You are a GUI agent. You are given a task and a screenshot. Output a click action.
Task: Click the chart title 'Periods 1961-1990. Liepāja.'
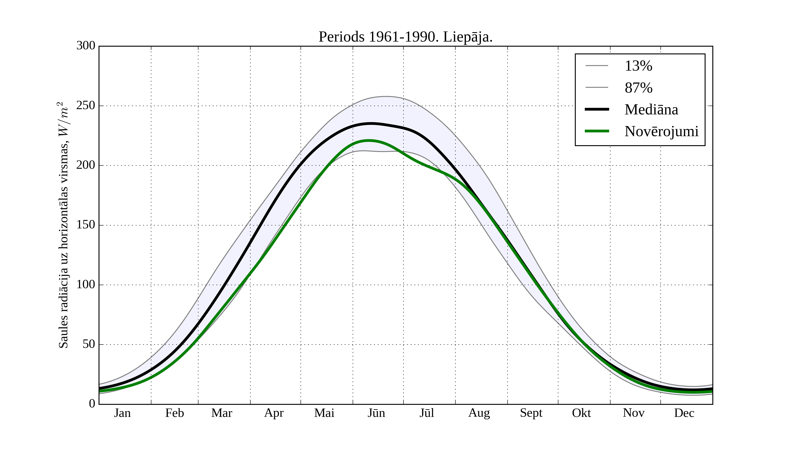405,37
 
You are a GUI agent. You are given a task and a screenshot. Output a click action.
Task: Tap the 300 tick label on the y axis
86,46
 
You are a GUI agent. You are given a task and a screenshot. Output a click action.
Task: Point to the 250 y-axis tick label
86,106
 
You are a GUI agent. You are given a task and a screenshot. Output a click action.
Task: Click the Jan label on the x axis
122,413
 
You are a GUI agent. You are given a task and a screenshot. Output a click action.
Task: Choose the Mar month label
222,413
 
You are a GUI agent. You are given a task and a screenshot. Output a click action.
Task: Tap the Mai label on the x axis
324,413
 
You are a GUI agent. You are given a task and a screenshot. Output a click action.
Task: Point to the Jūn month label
376,413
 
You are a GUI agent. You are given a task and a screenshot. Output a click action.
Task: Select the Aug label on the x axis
479,413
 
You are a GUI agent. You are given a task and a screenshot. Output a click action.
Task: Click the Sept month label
531,413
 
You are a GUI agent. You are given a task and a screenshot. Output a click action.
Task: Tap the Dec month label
684,413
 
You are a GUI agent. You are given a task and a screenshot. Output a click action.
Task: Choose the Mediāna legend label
651,109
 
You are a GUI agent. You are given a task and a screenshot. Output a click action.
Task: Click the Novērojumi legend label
661,131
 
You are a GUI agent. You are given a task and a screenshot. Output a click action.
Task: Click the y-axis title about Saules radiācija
64,225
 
